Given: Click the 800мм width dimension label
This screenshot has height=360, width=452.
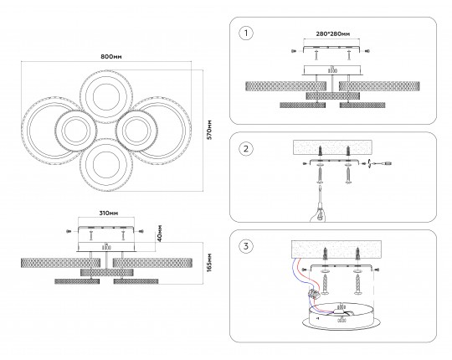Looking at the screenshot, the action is coord(111,57).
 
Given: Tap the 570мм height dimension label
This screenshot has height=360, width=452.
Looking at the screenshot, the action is coord(209,130).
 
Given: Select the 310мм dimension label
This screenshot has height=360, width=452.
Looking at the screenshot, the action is coord(109,213).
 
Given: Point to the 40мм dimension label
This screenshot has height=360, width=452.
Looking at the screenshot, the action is coord(160,234).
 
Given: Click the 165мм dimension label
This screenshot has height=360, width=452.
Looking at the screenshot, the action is coord(209,263).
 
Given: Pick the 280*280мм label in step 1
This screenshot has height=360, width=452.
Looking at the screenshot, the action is coord(333,34).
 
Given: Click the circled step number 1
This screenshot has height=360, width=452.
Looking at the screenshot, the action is coord(246,33).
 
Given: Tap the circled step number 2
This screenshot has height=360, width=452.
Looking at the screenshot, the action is coord(246,149).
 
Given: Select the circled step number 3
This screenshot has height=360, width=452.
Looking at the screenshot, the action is coord(246,246).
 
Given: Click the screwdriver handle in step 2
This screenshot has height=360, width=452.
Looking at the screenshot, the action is coord(318,213).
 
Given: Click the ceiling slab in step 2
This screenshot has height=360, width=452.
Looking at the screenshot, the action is coord(332,147).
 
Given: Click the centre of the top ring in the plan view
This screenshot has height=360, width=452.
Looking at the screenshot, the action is coord(106,97).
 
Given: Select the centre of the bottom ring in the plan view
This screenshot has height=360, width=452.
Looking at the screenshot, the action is coord(106,165).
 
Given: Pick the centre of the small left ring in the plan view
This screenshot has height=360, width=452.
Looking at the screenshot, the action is coord(75,131).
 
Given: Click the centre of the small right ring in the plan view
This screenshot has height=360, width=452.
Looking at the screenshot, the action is coord(136,131).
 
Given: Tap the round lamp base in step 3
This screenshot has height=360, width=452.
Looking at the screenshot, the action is coord(341,316).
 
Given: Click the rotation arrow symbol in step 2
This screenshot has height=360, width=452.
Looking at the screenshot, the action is coord(369,164).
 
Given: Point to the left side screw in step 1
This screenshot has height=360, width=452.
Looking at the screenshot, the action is coord(294,51).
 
